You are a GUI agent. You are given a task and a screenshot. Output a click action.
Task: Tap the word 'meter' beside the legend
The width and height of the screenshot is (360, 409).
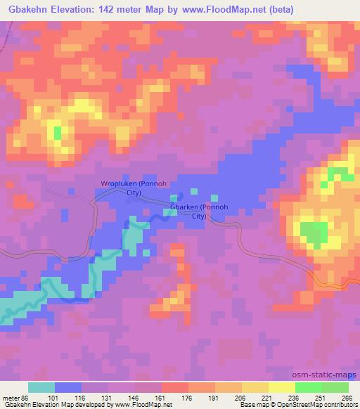point(10,397)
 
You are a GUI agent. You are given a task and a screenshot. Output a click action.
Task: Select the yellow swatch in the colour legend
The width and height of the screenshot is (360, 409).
point(281,387)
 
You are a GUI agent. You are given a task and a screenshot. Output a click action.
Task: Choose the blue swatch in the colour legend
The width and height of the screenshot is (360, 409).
point(67,387)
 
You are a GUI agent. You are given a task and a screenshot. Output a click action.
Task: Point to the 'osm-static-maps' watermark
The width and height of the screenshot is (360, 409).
point(326,375)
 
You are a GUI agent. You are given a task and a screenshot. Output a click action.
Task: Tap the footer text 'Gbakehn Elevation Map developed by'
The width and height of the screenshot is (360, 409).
point(46,405)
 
